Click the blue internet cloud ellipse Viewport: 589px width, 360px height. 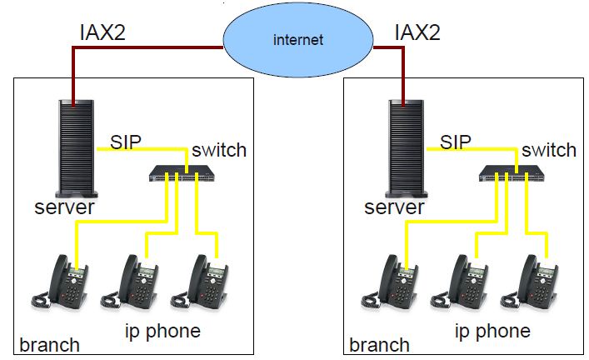point(298,40)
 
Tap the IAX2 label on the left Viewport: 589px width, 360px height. point(102,32)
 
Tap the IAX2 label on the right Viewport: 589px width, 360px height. point(417,32)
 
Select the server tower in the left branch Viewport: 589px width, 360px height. point(77,149)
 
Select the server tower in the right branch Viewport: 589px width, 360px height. point(407,149)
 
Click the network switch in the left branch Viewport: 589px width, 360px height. point(182,173)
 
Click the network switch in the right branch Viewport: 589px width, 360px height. point(512,173)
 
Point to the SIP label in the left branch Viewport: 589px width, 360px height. point(126,142)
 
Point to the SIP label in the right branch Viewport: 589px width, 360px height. point(455,142)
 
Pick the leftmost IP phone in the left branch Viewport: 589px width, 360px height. point(60,282)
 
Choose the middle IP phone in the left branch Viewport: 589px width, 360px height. point(130,282)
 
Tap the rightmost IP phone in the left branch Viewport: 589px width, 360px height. point(199,282)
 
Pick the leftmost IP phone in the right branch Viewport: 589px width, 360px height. point(390,282)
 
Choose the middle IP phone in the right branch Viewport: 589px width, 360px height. point(459,282)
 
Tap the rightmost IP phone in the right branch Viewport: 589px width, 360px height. point(529,282)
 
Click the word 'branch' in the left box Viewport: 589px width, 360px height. point(49,345)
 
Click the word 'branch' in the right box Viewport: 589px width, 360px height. point(379,345)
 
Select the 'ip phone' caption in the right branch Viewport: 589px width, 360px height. point(492,332)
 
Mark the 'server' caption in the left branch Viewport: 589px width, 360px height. point(64,207)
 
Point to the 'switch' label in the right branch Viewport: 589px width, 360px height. point(549,150)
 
